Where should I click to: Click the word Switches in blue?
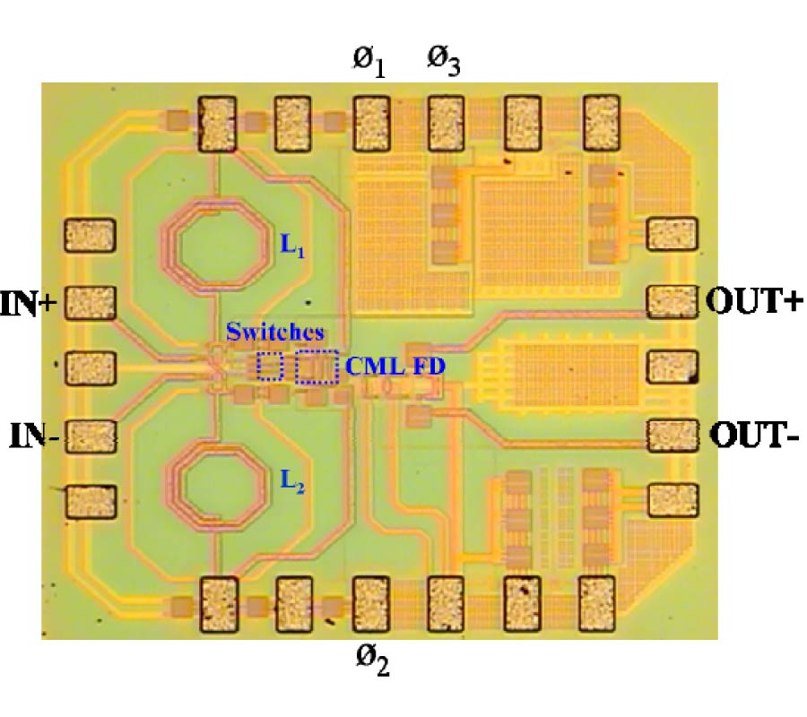tap(265, 333)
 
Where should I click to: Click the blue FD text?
tap(428, 366)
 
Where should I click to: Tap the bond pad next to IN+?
tap(91, 303)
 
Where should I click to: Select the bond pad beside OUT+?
tap(672, 302)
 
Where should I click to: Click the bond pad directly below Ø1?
tap(370, 121)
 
